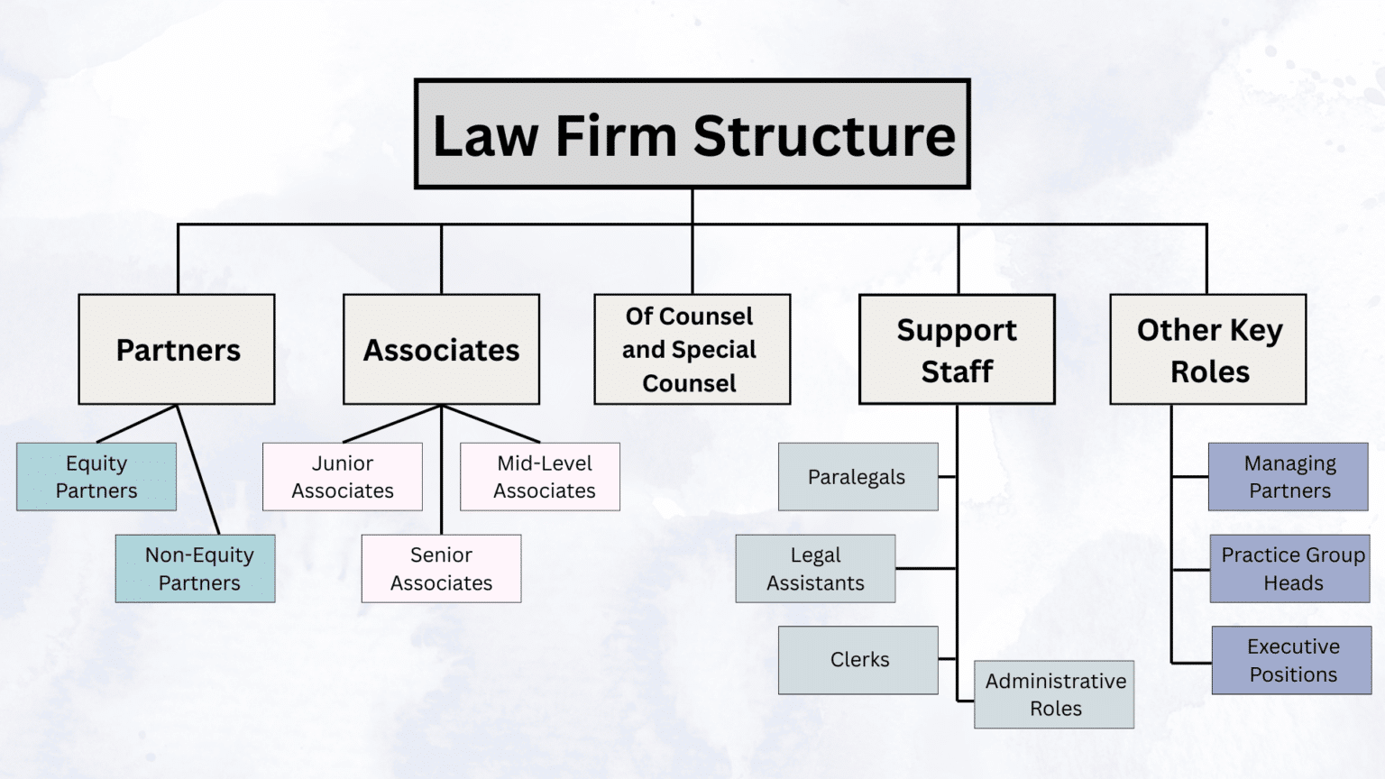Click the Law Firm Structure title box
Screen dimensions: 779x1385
692,134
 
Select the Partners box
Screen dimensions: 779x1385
177,349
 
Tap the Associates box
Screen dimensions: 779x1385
441,349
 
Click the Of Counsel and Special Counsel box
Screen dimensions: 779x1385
692,349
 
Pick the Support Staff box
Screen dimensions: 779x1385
957,349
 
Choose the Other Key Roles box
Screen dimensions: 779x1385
1207,349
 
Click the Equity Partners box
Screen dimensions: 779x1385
96,476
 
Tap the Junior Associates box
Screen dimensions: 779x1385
343,476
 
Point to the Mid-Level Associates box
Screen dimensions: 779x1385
540,476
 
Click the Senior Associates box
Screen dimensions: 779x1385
441,568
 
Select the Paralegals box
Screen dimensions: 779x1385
858,476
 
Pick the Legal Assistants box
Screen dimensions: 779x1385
815,568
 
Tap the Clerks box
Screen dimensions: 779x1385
858,660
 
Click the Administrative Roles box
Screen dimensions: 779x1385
1054,694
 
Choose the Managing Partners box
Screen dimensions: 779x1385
1289,476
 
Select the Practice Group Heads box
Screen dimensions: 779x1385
1290,568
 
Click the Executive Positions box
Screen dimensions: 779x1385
1291,660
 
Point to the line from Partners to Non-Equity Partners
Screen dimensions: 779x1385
197,468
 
